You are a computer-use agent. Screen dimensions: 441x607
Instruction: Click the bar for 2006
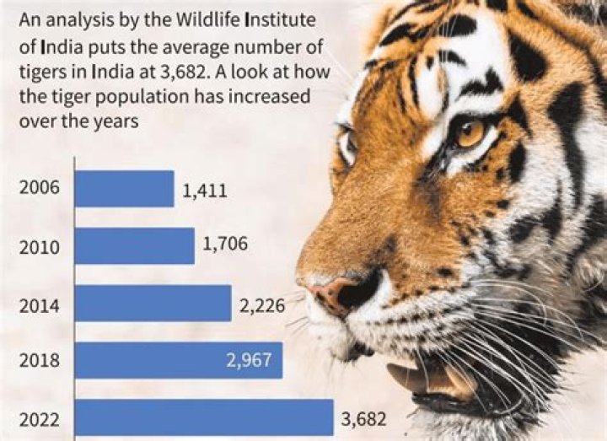(x=125, y=189)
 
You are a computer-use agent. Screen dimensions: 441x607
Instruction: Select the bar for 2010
(x=135, y=246)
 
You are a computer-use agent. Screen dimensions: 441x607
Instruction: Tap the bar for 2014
(x=153, y=304)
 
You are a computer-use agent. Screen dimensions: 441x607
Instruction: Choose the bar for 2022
(x=204, y=417)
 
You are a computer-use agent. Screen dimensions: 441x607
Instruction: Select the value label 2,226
(x=262, y=305)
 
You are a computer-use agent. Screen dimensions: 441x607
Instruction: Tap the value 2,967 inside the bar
(x=249, y=361)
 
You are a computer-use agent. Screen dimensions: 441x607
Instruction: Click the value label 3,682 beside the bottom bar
(x=363, y=418)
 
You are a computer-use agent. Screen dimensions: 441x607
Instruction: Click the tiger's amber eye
(x=470, y=132)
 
